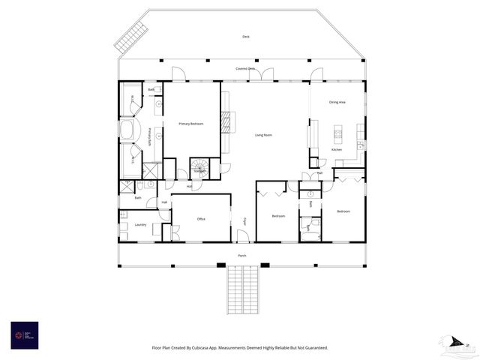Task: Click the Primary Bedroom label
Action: click(190, 123)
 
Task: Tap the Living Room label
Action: click(262, 135)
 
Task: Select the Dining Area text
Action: click(337, 102)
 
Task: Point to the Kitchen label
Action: click(337, 150)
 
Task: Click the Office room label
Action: click(201, 219)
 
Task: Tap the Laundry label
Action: click(140, 224)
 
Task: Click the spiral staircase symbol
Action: click(199, 166)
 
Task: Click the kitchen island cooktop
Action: click(337, 135)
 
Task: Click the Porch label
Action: click(241, 256)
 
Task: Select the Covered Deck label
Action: click(245, 69)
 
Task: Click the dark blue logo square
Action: click(24, 334)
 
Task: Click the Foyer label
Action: click(244, 221)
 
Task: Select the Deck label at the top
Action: click(245, 37)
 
